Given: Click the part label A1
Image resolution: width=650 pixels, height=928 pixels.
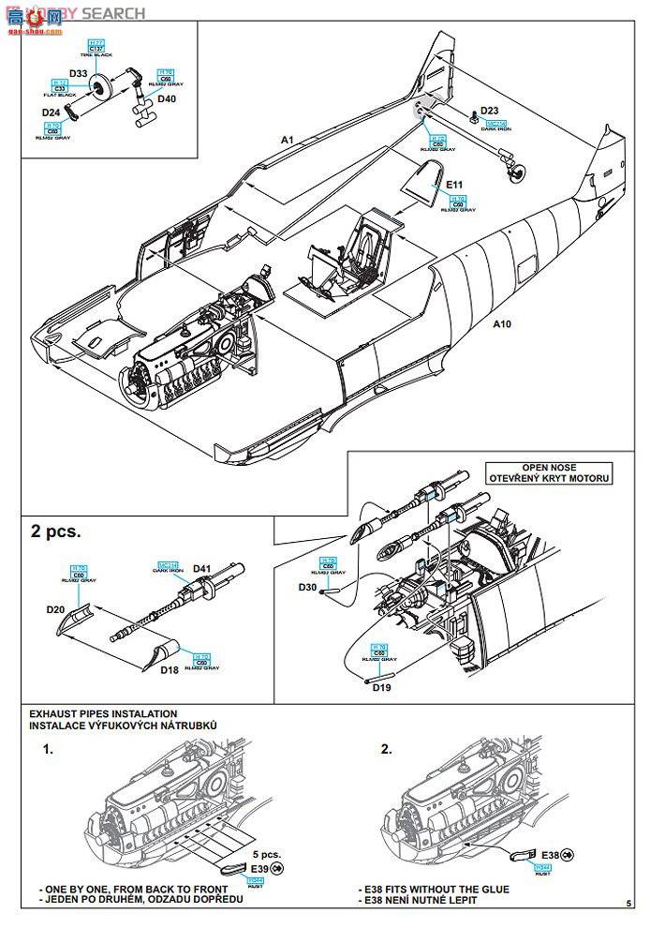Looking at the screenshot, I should click(x=288, y=140).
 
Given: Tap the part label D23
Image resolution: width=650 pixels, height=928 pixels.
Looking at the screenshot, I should click(x=490, y=111).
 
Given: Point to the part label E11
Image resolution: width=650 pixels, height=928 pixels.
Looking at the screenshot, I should click(x=456, y=185).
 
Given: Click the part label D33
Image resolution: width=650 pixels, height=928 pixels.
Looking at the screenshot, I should click(x=79, y=73).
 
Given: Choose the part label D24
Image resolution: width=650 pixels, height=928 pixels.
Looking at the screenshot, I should click(x=51, y=112).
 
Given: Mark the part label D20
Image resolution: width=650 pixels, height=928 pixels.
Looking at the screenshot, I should click(x=56, y=608).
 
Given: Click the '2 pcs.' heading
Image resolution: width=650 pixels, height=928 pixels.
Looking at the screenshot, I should click(x=56, y=531).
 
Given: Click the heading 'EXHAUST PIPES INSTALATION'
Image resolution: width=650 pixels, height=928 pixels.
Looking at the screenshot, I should click(x=103, y=714).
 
